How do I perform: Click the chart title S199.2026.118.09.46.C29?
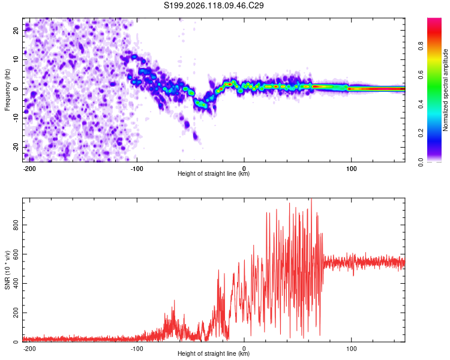[x=214, y=5]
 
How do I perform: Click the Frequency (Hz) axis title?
[x=7, y=90]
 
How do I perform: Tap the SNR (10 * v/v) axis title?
[x=7, y=270]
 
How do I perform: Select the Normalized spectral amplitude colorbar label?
[x=445, y=90]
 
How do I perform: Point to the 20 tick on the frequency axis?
[x=16, y=30]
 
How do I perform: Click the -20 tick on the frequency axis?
[x=16, y=148]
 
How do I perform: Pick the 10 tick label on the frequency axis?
[x=16, y=59]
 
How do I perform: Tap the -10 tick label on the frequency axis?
[x=16, y=118]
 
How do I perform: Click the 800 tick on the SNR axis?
[x=16, y=225]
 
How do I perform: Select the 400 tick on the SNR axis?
[x=16, y=283]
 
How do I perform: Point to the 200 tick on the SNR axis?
[x=16, y=313]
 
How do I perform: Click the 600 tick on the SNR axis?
[x=16, y=254]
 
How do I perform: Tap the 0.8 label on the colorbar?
[x=421, y=46]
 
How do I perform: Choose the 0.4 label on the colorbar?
[x=421, y=104]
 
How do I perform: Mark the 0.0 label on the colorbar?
[x=421, y=162]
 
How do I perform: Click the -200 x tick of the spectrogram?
[x=29, y=169]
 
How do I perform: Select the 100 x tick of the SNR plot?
[x=351, y=349]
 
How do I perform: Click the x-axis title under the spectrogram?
[x=214, y=173]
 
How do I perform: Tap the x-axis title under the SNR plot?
[x=214, y=353]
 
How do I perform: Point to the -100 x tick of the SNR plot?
[x=137, y=349]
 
